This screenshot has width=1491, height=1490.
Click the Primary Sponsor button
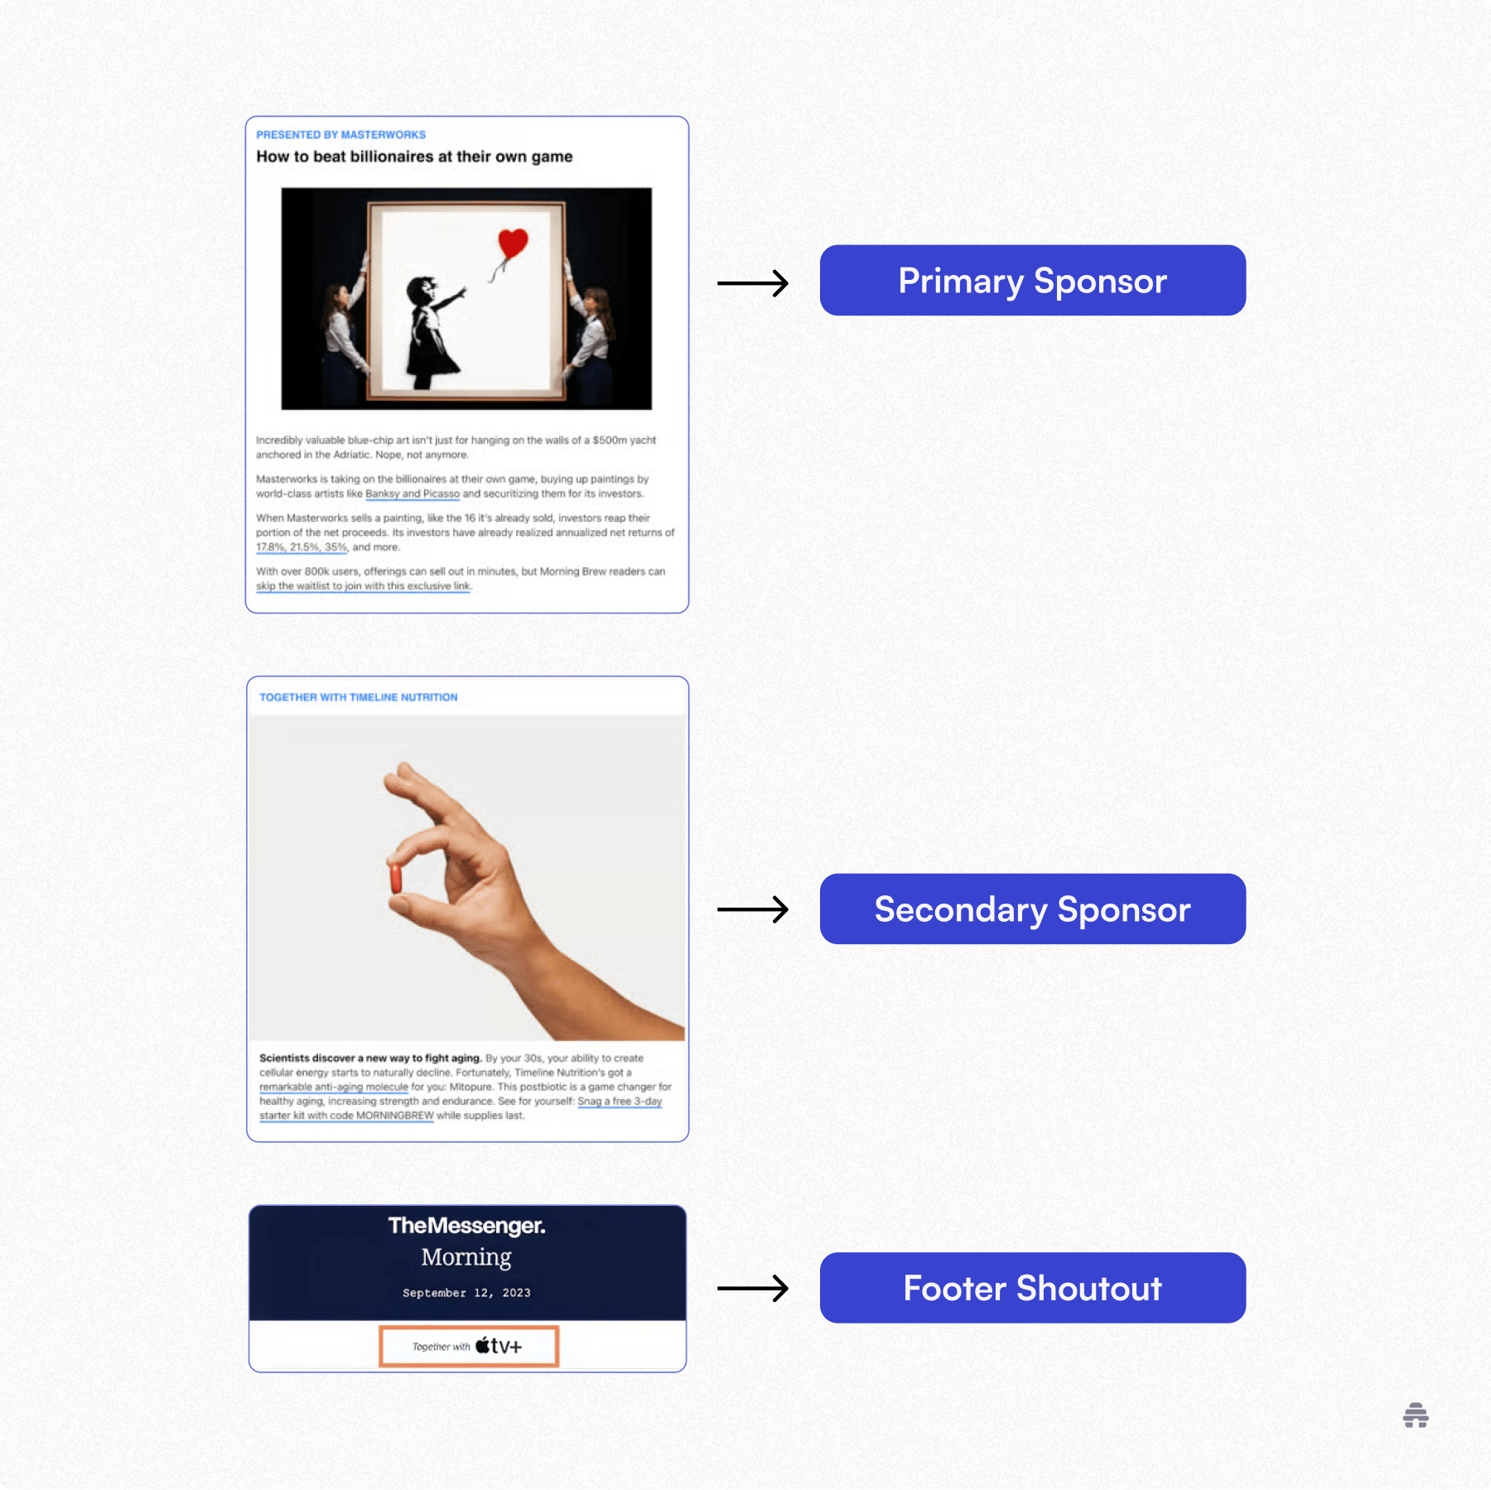[1032, 280]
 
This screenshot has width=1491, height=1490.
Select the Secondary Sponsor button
[1032, 909]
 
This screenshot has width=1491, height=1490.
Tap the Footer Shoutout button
[1032, 1287]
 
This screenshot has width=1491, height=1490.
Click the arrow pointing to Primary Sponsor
[752, 283]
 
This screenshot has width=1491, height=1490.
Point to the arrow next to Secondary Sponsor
[752, 909]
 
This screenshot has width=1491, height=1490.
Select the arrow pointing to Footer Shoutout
[752, 1288]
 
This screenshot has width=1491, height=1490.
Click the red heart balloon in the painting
[513, 244]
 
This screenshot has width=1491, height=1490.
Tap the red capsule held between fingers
[396, 878]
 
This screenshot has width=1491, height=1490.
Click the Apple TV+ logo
[499, 1346]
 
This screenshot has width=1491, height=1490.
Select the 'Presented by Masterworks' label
[340, 135]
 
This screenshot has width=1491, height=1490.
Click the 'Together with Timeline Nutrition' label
[358, 697]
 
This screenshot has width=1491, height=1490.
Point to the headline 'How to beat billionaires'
[414, 157]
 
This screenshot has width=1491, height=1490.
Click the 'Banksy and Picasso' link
[413, 494]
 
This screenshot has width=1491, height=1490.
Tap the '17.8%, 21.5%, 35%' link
[302, 547]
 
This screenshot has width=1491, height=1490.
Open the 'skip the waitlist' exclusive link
[363, 586]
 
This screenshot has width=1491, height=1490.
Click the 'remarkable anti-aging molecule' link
[334, 1087]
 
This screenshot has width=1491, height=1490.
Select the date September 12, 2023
[466, 1293]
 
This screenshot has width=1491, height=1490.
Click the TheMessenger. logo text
[466, 1226]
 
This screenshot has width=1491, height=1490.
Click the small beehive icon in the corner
[1416, 1415]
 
